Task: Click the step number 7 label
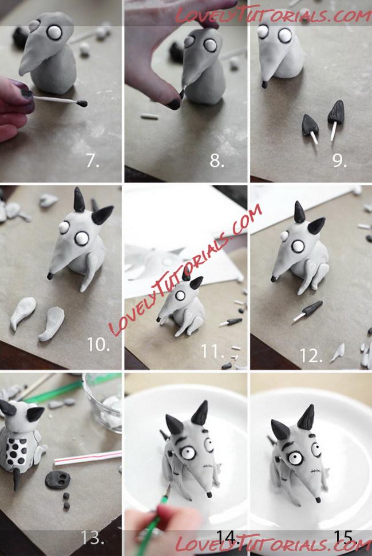point(92,161)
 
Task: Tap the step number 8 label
point(217,161)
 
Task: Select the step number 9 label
point(340,161)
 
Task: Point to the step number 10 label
point(98,345)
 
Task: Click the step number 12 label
point(311,355)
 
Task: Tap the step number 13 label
point(92,538)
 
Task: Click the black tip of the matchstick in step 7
point(82,103)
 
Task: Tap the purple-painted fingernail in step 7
point(26,93)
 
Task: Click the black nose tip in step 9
point(265,85)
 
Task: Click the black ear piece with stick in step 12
point(308,311)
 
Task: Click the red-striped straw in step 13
point(88,458)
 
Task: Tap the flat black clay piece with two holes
point(58,480)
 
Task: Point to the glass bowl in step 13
point(102,400)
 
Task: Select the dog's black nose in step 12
point(274,279)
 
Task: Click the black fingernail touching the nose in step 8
point(174,104)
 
